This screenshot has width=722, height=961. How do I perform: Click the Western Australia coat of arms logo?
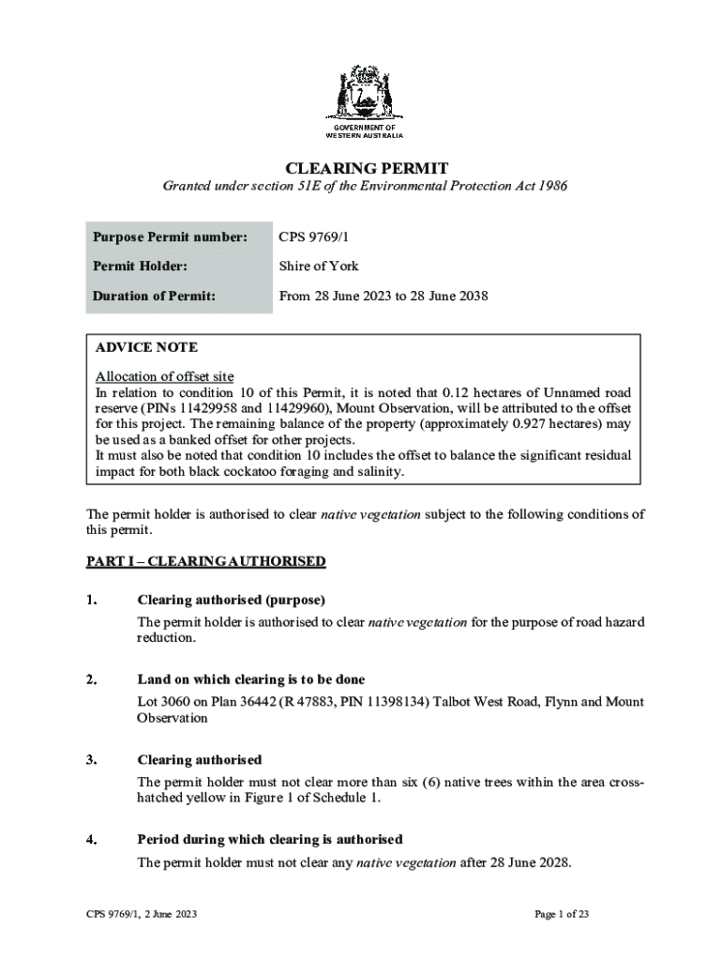tap(365, 94)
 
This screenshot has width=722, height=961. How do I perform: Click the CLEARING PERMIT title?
tap(367, 168)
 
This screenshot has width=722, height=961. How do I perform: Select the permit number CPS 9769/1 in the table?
tap(314, 236)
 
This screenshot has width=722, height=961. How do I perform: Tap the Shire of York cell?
tap(319, 266)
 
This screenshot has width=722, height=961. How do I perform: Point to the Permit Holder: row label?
tap(140, 266)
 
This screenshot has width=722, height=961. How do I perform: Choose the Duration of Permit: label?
tap(154, 296)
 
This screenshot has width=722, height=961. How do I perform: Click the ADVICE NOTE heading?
tap(146, 347)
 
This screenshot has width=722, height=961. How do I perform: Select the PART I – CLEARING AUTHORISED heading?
tap(205, 561)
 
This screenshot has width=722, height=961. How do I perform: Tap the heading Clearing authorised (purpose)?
tap(231, 600)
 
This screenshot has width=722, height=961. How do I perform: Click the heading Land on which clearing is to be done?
tap(250, 679)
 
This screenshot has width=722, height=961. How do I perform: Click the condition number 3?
tap(91, 759)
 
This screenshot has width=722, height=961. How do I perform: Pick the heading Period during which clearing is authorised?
tap(269, 839)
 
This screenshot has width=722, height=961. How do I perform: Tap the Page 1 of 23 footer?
tap(561, 913)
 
